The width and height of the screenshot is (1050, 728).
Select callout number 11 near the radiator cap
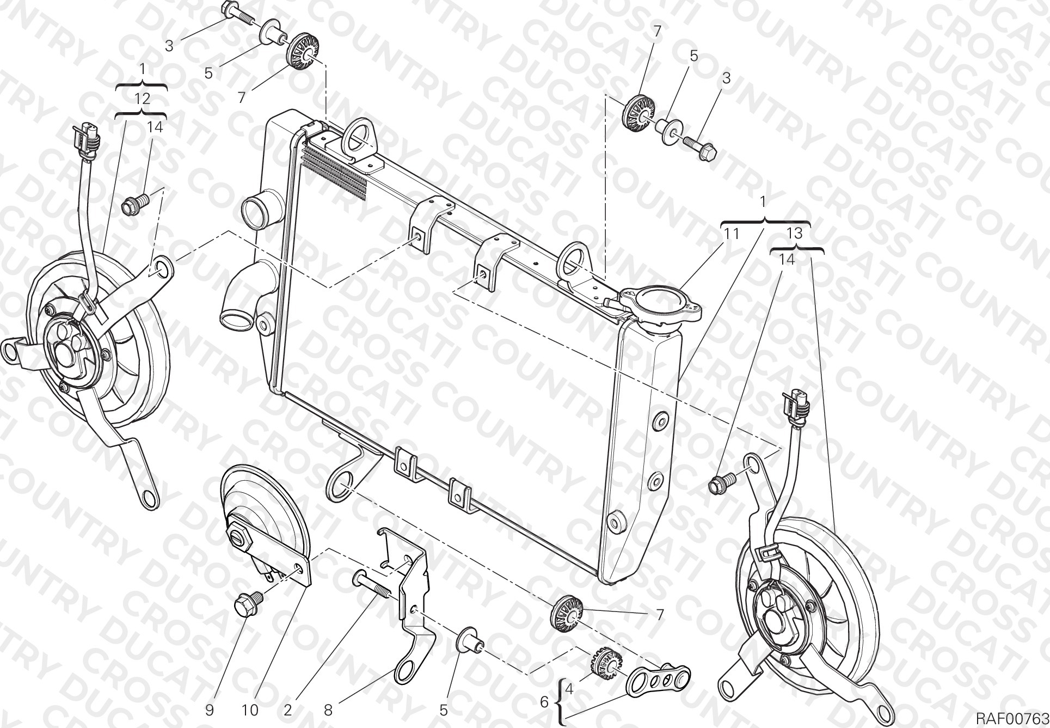[x=731, y=234]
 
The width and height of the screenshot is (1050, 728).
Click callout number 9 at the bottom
[x=210, y=710]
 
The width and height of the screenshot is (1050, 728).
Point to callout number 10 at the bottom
[x=250, y=710]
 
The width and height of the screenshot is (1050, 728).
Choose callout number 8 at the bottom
[x=328, y=710]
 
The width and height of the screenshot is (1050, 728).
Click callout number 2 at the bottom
[x=288, y=710]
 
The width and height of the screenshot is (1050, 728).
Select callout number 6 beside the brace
[x=544, y=702]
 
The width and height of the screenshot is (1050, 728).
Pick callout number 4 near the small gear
[x=569, y=689]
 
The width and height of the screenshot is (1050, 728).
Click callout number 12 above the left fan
[x=142, y=99]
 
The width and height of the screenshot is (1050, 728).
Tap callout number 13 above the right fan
[x=795, y=234]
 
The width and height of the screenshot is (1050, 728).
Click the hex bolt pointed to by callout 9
[x=248, y=605]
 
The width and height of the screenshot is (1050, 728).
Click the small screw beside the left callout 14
[x=134, y=204]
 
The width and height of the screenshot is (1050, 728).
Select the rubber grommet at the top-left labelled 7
[x=303, y=53]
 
